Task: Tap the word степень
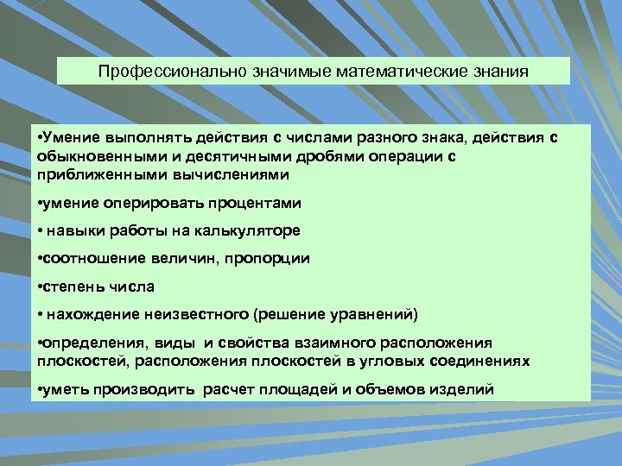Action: coord(73,286)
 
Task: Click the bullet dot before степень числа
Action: coord(42,286)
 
